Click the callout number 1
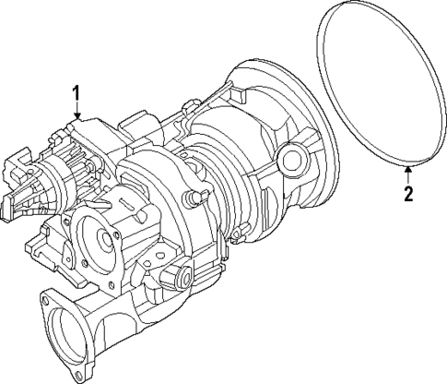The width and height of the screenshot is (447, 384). [76, 92]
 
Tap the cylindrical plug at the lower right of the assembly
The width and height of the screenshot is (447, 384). [181, 277]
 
